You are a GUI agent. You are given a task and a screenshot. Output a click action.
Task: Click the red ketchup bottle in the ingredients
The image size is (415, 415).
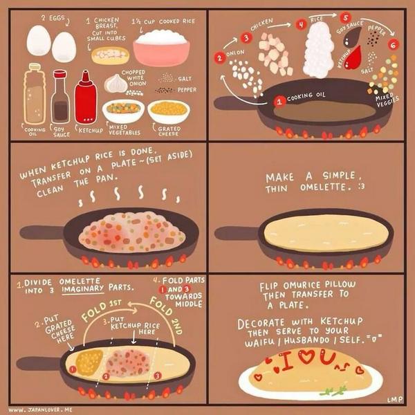coord(85,98)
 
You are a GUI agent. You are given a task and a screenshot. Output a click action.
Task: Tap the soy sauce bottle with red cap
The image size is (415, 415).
coord(60,97)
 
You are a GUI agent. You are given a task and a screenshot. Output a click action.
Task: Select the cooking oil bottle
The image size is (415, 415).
coord(33,95)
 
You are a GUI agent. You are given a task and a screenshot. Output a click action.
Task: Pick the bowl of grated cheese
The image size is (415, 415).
coord(168,111)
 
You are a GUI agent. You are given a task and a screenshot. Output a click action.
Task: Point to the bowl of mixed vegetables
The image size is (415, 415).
coord(123,110)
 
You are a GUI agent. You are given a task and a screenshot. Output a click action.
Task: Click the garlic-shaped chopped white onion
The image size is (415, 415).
coord(116,84)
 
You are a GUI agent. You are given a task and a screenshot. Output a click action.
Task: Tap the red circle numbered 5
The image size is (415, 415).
coord(346,17)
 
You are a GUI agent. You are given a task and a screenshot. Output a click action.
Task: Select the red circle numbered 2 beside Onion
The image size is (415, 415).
coord(220,58)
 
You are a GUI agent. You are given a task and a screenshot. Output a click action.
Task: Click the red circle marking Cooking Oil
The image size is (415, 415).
coord(280,101)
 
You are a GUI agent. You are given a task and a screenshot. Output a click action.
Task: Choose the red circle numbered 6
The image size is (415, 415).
coord(394,44)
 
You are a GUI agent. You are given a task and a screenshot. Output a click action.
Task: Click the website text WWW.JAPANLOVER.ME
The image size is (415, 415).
coord(41,409)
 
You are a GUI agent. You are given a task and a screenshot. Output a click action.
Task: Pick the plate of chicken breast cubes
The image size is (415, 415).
coord(110,55)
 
